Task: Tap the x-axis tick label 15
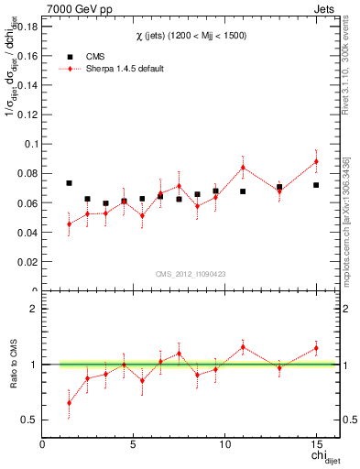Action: point(316,444)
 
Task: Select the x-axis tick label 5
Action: point(134,444)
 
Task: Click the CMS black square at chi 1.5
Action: point(69,183)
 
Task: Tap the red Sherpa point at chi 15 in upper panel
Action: point(316,161)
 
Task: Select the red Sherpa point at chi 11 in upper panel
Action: point(243,167)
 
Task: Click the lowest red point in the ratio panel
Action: point(69,403)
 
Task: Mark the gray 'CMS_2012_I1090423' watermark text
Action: point(191,272)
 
